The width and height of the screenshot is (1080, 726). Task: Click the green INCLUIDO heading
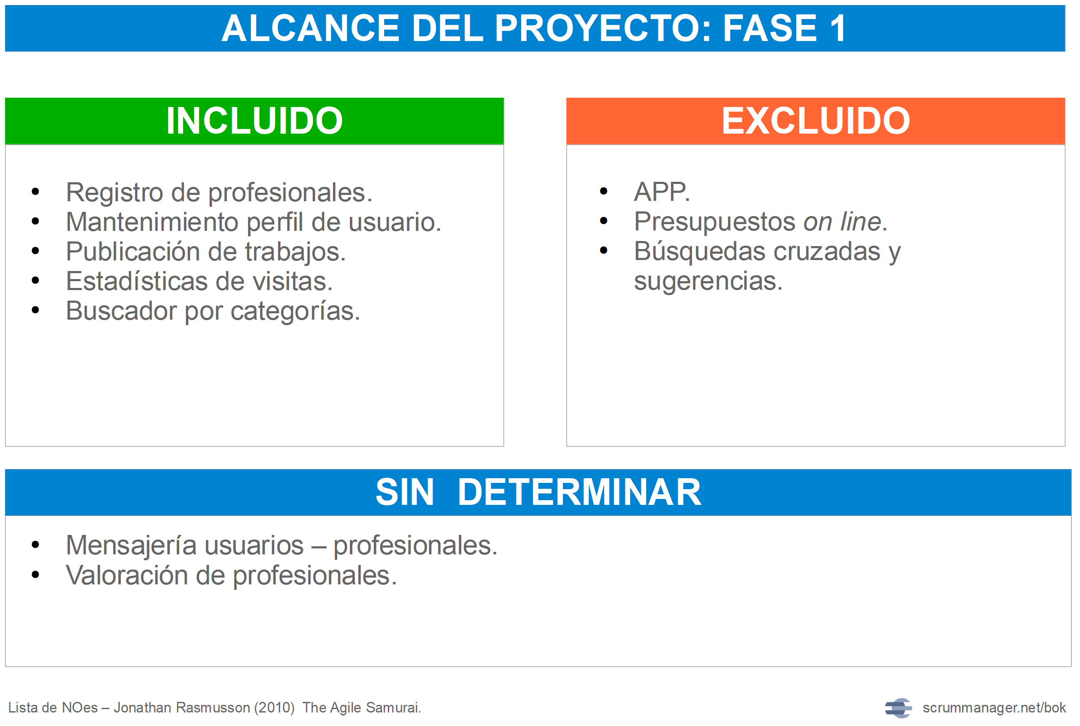coord(254,121)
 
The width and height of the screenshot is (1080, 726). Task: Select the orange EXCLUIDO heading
coord(816,121)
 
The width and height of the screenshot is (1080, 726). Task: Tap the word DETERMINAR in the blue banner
coord(579,492)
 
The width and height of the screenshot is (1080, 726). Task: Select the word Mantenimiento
coord(152,222)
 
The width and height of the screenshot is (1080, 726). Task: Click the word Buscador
coord(121,311)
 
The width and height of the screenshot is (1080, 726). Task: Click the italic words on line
coord(842,222)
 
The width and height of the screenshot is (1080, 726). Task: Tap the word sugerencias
coord(708,282)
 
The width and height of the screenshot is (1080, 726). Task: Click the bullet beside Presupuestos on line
coord(603,221)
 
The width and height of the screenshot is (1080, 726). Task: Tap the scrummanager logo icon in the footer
coord(898,708)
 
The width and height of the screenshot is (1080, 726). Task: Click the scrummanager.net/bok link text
coord(994,708)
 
